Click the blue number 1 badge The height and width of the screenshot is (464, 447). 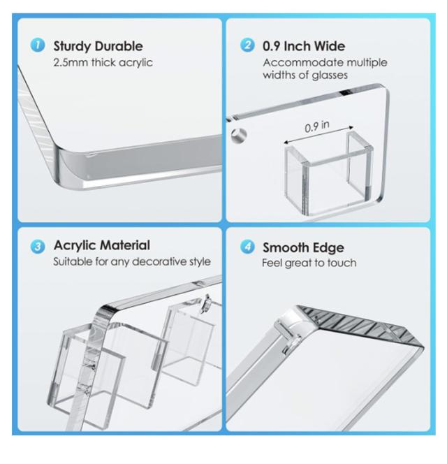(38, 45)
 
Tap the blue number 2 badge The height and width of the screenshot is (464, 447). (247, 45)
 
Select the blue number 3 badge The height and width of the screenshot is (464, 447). (38, 247)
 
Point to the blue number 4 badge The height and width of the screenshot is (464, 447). (247, 247)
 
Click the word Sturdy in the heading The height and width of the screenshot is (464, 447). (72, 46)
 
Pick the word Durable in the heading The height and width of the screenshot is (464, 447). (119, 46)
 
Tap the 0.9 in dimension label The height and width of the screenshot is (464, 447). (317, 126)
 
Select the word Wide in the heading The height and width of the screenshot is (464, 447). (329, 46)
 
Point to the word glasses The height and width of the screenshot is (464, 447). (330, 75)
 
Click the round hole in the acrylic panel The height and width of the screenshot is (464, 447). (239, 136)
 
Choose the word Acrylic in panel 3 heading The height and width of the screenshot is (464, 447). (75, 246)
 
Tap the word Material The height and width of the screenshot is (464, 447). (125, 245)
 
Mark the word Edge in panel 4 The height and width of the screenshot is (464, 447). (327, 248)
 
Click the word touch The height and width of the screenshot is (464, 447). (342, 263)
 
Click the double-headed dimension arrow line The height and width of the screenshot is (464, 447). (318, 135)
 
